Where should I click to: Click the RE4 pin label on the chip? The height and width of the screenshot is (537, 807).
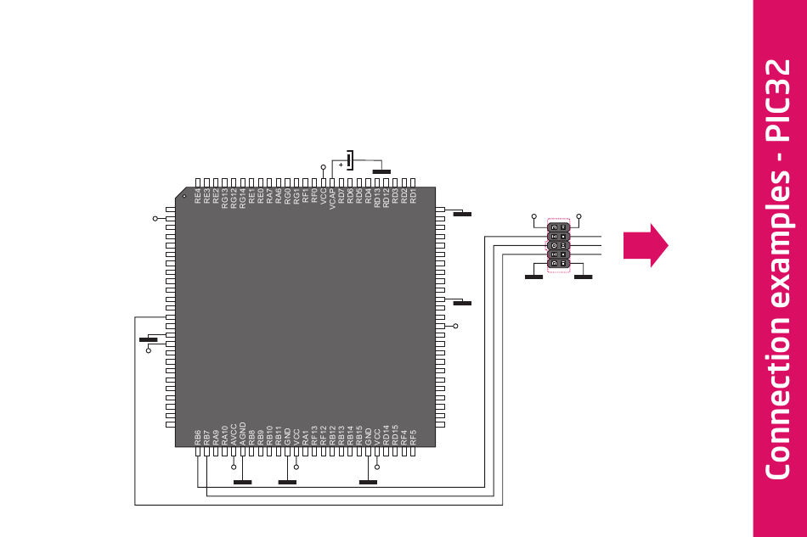click(x=198, y=197)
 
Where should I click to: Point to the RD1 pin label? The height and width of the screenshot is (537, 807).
click(x=413, y=197)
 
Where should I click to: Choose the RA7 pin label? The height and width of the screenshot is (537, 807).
click(x=270, y=197)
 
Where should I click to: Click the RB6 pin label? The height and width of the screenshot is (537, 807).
click(x=198, y=437)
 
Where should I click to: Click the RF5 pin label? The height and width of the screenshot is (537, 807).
click(x=413, y=437)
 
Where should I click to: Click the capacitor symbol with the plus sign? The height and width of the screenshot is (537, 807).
click(x=348, y=160)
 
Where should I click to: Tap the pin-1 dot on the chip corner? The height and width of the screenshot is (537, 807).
click(x=183, y=196)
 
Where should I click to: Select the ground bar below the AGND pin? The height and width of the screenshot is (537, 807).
click(x=243, y=482)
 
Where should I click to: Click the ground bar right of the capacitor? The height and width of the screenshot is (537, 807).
click(x=382, y=172)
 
